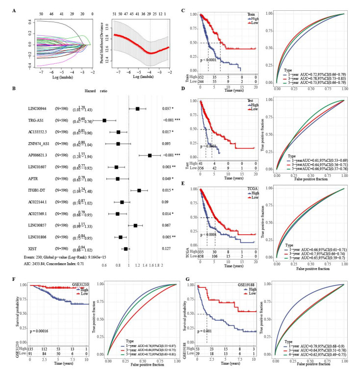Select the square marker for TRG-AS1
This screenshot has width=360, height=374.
pyautogui.click(x=104, y=120)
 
